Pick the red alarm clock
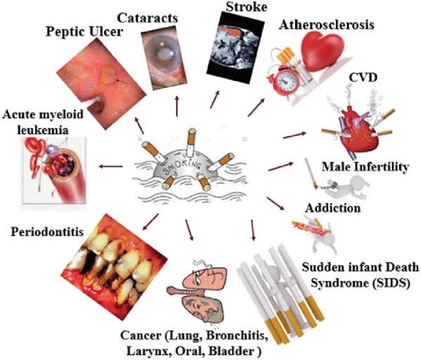287,82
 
